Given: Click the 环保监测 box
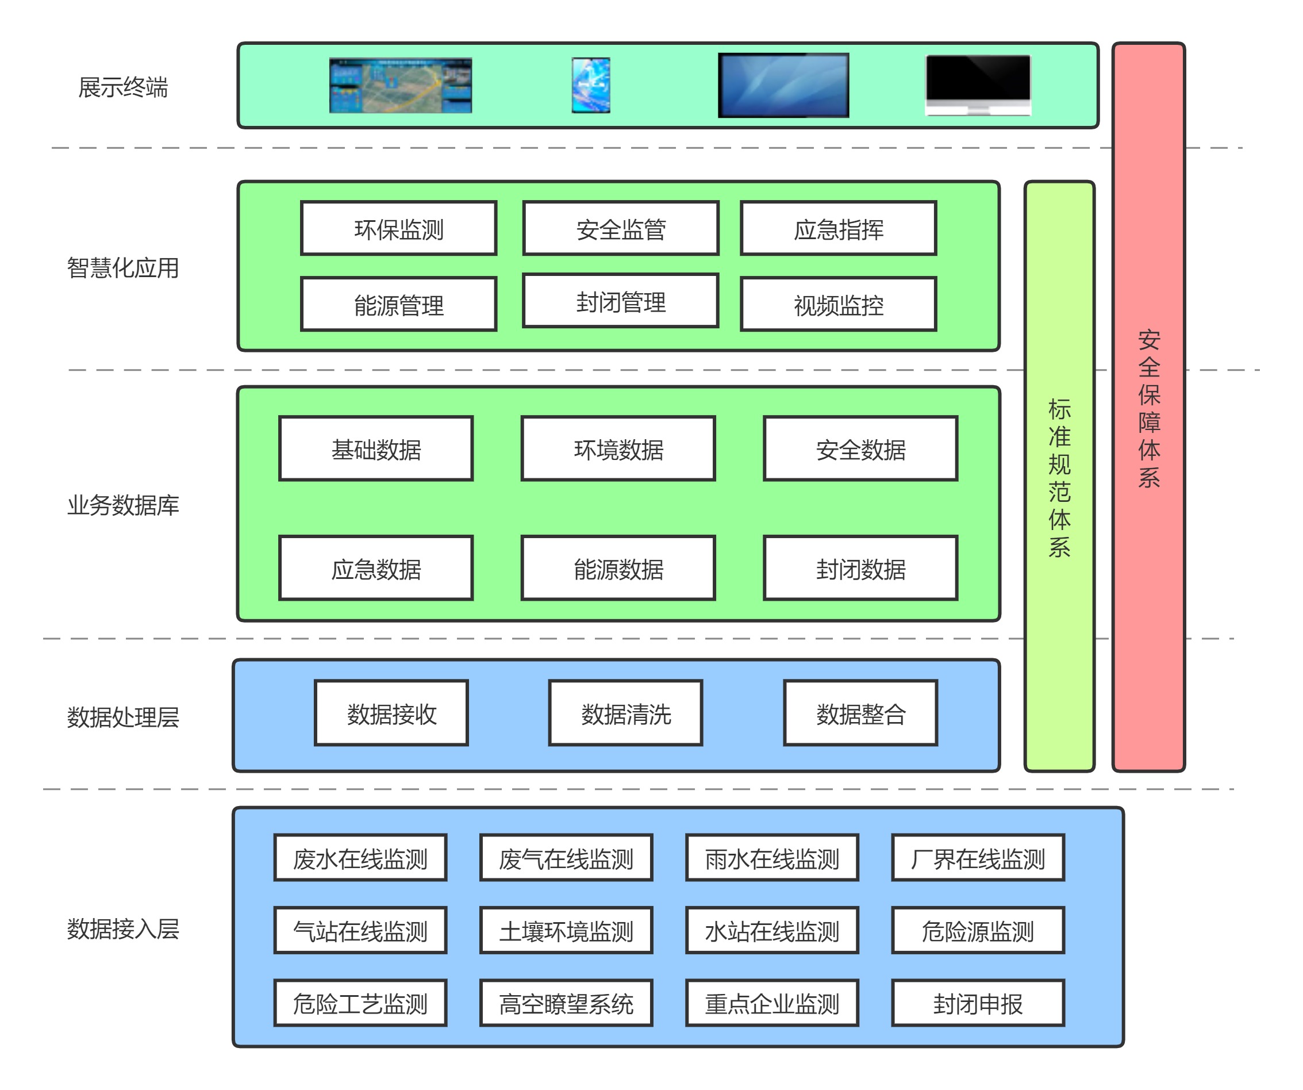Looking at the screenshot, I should click(398, 228).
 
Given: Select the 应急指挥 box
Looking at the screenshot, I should click(838, 228).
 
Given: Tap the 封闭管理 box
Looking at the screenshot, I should click(621, 301).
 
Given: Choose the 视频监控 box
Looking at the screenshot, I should click(838, 304).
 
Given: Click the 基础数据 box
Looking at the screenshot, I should click(376, 449).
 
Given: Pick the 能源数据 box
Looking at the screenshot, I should click(618, 569).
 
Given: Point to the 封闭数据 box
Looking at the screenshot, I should click(860, 569).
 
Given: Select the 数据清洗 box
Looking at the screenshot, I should click(625, 713).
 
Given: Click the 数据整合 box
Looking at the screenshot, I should click(860, 713).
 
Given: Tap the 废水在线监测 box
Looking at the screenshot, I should click(360, 858).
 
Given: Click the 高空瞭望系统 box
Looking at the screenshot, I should click(566, 1003).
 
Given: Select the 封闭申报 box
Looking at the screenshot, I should click(978, 1003).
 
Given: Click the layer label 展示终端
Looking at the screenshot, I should click(123, 87).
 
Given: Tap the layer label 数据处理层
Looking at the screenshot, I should click(123, 717).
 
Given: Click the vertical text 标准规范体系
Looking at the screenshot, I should click(1059, 478).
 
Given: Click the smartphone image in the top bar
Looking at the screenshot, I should click(591, 85).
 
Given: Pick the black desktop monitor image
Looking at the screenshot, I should click(978, 85).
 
